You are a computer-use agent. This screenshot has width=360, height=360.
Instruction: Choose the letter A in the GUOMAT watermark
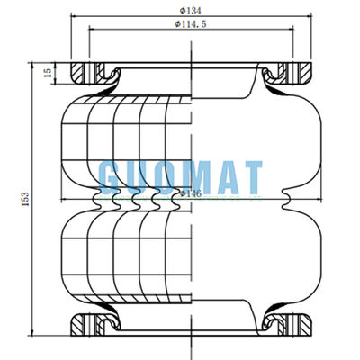point(223,176)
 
